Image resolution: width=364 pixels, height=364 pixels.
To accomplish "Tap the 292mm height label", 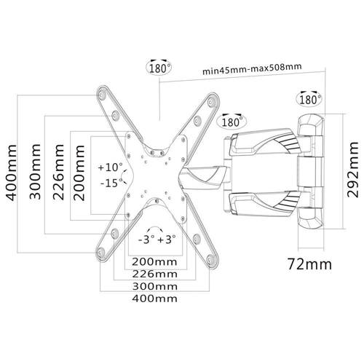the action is tap(352, 170).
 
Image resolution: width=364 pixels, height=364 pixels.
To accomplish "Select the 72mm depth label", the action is tap(309, 264).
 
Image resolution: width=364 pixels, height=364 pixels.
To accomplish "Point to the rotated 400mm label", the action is tap(12, 173).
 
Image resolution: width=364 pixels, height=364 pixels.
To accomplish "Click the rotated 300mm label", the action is tap(35, 172).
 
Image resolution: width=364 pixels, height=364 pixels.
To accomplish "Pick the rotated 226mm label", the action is tap(58, 172).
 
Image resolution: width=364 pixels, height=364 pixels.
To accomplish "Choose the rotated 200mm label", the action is tap(79, 173).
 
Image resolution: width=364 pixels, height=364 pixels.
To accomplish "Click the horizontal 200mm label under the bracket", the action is tap(154, 262).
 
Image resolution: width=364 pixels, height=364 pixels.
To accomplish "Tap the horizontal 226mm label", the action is tap(154, 274).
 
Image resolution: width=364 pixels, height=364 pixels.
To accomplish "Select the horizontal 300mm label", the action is tap(154, 287).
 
